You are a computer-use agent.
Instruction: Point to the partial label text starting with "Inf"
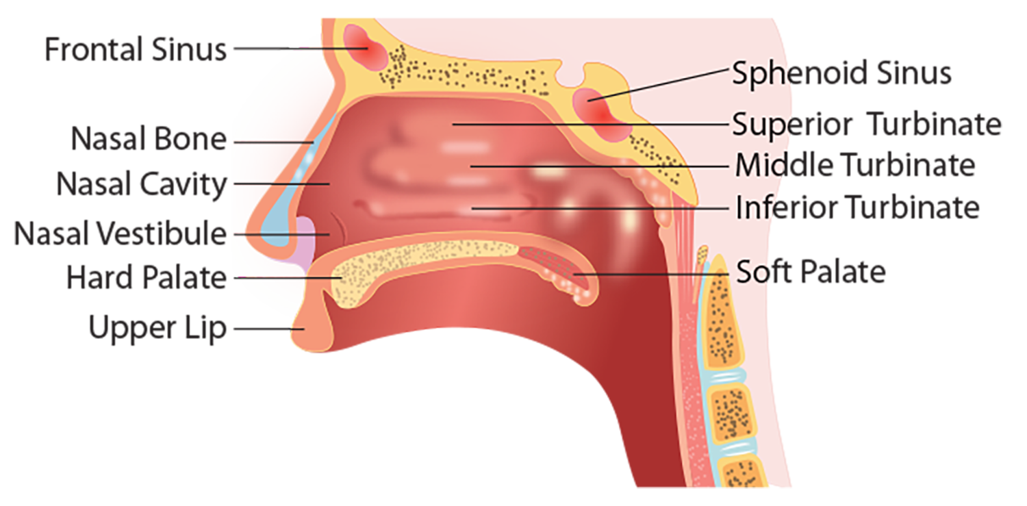point(757,207)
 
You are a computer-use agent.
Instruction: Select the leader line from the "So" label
point(650,275)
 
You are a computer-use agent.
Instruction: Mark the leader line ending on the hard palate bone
point(288,279)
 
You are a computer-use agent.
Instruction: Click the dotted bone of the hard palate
point(411,270)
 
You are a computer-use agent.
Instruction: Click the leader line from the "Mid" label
point(596,166)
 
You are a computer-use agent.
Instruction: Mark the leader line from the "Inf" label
point(596,207)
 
